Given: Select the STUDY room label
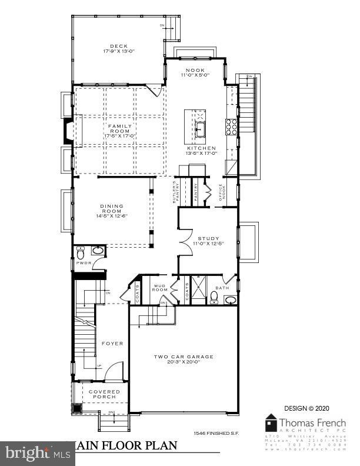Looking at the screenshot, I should [208, 238].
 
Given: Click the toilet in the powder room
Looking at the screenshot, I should [81, 255].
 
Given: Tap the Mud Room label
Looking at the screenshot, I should [160, 288].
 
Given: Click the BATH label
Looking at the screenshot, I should [222, 288].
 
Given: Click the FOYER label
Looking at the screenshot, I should [112, 343].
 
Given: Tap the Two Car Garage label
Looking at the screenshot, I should [184, 357].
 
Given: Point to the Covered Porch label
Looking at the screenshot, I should [104, 394].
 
